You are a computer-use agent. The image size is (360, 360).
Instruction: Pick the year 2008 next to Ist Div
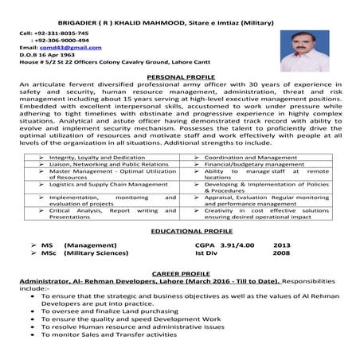click(281, 255)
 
